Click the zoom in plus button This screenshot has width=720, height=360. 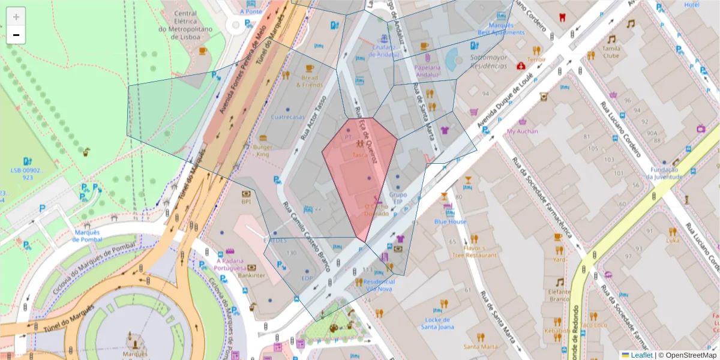tap(16, 17)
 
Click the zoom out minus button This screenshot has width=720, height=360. tap(16, 35)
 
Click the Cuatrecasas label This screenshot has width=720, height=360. tap(287, 117)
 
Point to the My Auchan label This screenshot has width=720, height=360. tap(522, 131)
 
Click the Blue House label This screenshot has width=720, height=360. tap(450, 221)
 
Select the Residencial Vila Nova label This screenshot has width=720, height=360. tap(378, 285)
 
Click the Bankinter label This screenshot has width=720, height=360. tap(252, 275)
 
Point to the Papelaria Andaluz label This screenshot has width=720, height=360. tap(428, 71)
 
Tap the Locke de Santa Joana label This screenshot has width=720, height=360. tap(445, 323)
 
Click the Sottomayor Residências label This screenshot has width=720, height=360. tap(488, 62)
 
